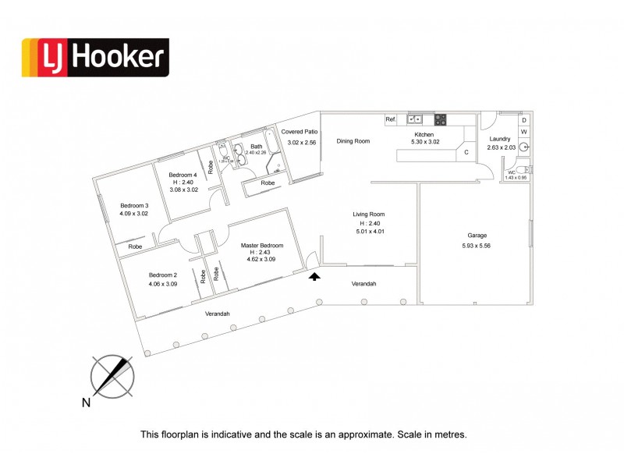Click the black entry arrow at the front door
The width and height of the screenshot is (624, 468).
pyautogui.click(x=315, y=275)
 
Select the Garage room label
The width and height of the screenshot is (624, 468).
pyautogui.click(x=478, y=235)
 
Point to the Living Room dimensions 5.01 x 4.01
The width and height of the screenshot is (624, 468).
pyautogui.click(x=370, y=232)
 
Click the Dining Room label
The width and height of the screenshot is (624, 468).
pyautogui.click(x=353, y=141)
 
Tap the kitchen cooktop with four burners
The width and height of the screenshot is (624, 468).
pyautogui.click(x=441, y=120)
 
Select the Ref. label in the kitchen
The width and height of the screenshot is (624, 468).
pyautogui.click(x=391, y=120)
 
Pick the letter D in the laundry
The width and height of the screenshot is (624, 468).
pyautogui.click(x=524, y=120)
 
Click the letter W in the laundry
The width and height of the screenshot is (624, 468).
pyautogui.click(x=524, y=132)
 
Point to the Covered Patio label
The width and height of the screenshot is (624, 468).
pyautogui.click(x=300, y=133)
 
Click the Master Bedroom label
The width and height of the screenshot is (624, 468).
pyautogui.click(x=261, y=246)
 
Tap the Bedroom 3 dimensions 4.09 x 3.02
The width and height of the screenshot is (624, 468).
pyautogui.click(x=133, y=213)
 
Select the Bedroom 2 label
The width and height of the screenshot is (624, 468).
pyautogui.click(x=164, y=275)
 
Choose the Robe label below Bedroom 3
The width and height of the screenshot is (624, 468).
pyautogui.click(x=135, y=246)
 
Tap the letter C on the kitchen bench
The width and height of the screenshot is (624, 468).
pyautogui.click(x=466, y=152)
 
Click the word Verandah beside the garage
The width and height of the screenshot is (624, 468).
pyautogui.click(x=363, y=284)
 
